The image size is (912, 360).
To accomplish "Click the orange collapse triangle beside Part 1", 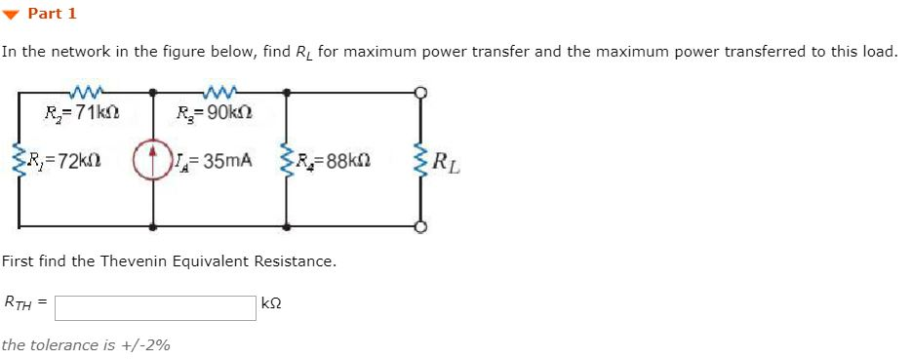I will tap(12, 14).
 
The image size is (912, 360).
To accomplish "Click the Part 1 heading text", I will tap(52, 14).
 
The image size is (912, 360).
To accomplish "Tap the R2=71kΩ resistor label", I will tap(83, 113).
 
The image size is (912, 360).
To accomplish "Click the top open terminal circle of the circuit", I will tap(421, 93).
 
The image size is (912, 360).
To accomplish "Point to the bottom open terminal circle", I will tap(421, 227).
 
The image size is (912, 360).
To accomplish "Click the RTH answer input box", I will tap(156, 307).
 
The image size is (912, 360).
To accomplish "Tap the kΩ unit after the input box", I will tap(272, 304).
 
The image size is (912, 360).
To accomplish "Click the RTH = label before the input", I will tap(26, 303).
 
